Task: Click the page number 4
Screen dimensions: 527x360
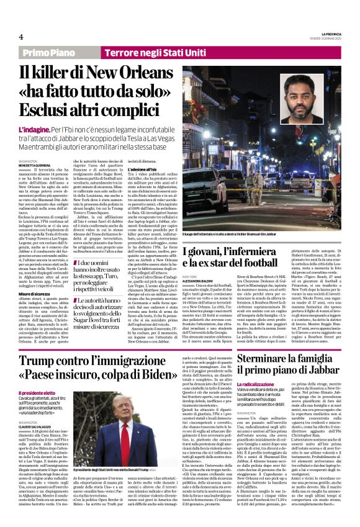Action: [21, 36]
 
